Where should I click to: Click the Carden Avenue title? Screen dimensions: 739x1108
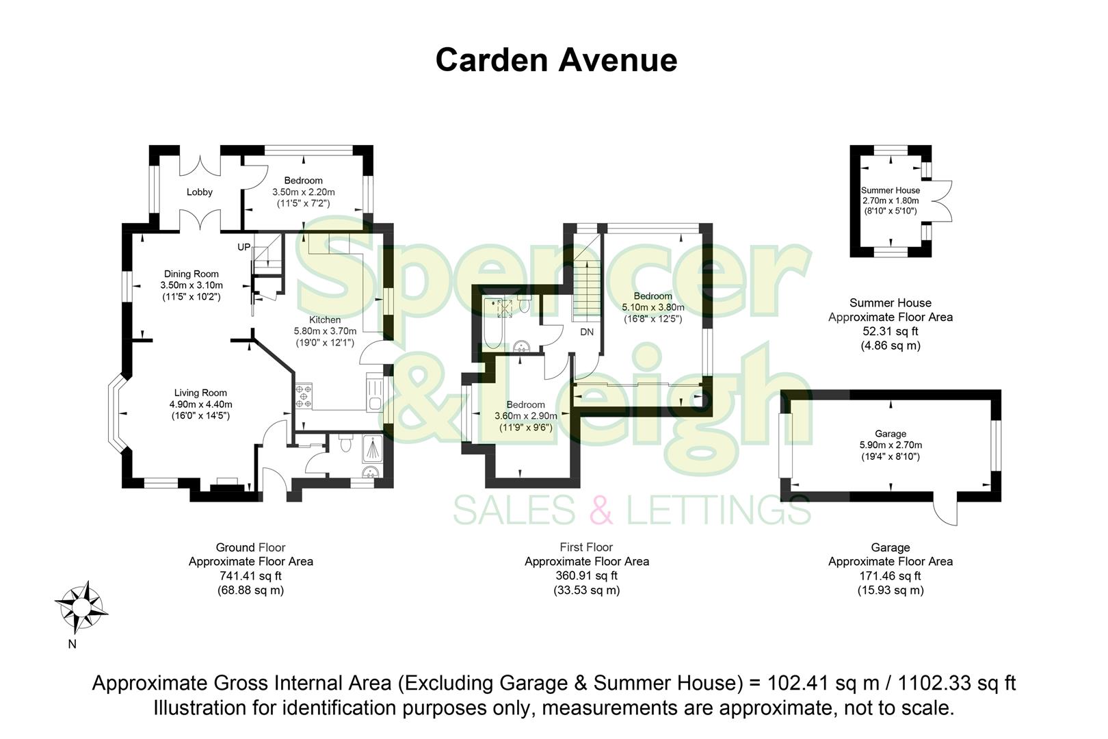tap(556, 60)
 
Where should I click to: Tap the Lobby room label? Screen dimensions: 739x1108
tap(200, 192)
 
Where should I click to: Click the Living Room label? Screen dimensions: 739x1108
tap(200, 393)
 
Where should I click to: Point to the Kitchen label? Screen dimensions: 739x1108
tap(325, 320)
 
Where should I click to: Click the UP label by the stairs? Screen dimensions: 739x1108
tap(244, 247)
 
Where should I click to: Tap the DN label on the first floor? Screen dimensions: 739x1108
tap(587, 332)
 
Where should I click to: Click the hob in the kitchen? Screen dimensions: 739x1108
tap(304, 398)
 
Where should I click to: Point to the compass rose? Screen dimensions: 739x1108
tap(81, 606)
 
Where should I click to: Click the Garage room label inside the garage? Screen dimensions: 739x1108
tap(891, 434)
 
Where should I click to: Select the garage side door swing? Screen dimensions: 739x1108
tap(947, 510)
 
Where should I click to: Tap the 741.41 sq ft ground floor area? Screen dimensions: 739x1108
tap(250, 576)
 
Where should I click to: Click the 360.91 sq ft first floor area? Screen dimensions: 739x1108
tap(586, 576)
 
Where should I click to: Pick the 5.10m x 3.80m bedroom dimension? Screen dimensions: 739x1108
tap(652, 307)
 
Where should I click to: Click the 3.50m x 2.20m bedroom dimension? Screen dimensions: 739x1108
tap(304, 192)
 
